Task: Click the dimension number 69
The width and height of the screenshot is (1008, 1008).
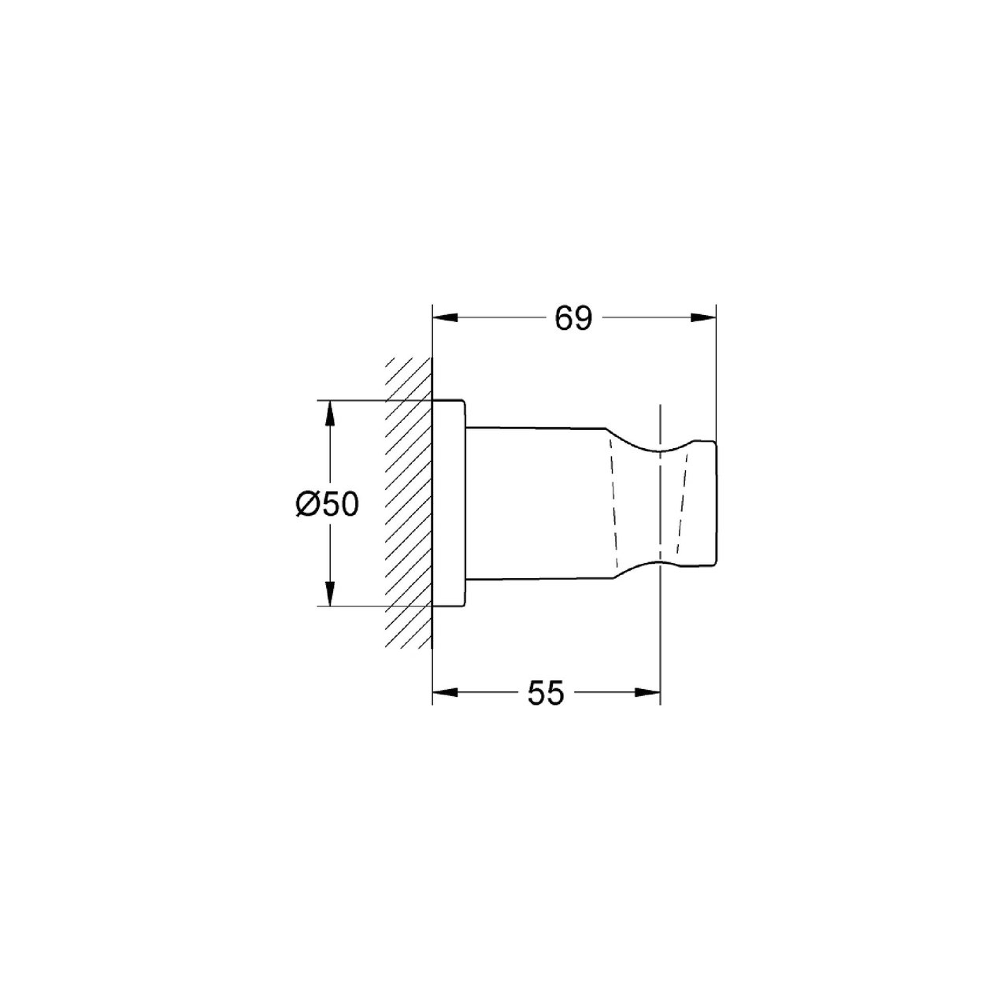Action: [573, 318]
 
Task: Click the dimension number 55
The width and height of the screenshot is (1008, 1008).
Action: [546, 693]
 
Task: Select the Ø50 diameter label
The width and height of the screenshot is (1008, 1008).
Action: [328, 505]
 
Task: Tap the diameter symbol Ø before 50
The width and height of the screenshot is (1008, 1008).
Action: [308, 505]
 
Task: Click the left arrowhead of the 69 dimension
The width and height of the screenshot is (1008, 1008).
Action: [445, 317]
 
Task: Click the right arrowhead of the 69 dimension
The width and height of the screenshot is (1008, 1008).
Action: [703, 317]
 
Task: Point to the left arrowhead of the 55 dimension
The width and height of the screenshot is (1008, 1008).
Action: [445, 692]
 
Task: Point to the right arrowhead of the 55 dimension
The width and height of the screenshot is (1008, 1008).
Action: [647, 692]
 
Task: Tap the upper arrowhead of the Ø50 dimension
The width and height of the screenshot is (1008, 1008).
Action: [329, 413]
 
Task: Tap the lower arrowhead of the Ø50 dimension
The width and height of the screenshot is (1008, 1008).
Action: [329, 593]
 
